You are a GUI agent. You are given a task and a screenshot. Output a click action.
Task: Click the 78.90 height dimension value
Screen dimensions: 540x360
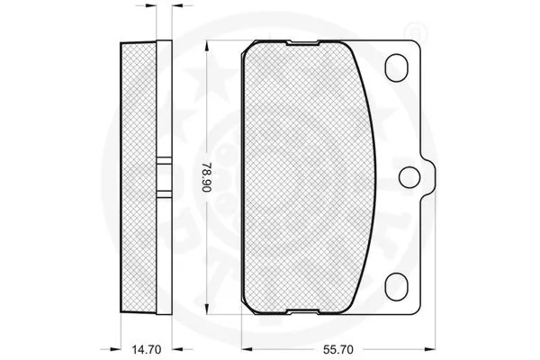click(x=207, y=177)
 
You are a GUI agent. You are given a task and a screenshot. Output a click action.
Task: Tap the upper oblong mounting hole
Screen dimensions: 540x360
click(x=396, y=67)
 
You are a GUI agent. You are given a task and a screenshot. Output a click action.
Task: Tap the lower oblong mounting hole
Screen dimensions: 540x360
click(x=396, y=286)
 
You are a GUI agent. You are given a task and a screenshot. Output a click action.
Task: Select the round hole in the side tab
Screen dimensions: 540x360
click(x=409, y=177)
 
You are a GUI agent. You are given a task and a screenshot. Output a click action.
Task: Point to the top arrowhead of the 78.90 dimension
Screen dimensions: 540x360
click(x=207, y=46)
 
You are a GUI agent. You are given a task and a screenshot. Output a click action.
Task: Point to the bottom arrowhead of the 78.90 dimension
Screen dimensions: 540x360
click(x=207, y=309)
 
